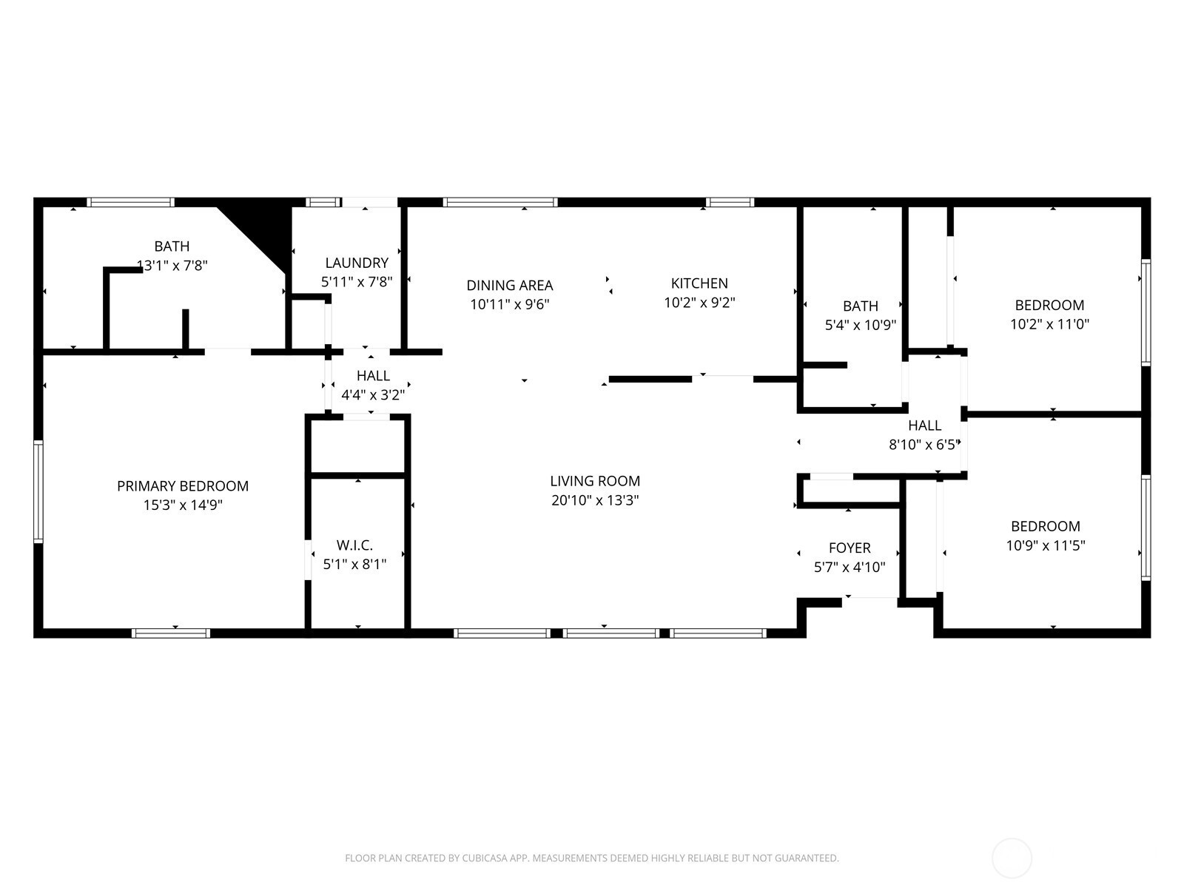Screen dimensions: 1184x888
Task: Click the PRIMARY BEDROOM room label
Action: pyautogui.click(x=183, y=485)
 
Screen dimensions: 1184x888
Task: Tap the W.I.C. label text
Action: pyautogui.click(x=354, y=545)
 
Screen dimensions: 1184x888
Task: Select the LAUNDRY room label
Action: pyautogui.click(x=357, y=263)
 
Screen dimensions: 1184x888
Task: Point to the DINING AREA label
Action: pyautogui.click(x=510, y=285)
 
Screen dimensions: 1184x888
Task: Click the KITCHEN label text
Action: pyautogui.click(x=699, y=283)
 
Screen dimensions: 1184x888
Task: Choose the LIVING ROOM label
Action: pyautogui.click(x=595, y=481)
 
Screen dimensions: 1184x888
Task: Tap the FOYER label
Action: pyautogui.click(x=850, y=548)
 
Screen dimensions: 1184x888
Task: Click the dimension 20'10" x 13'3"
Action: pyautogui.click(x=595, y=500)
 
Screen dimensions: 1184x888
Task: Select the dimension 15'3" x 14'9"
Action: pyautogui.click(x=183, y=505)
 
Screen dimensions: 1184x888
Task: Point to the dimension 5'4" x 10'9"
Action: pyautogui.click(x=861, y=325)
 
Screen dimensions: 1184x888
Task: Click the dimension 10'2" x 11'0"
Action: pyautogui.click(x=1049, y=324)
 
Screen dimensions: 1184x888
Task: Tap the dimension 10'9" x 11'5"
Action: pyautogui.click(x=1046, y=545)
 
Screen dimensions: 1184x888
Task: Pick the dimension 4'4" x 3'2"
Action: pyautogui.click(x=373, y=395)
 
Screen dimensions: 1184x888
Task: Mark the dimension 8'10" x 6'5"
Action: pyautogui.click(x=924, y=445)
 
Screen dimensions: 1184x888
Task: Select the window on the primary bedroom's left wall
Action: pyautogui.click(x=38, y=491)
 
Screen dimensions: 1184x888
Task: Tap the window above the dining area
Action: pyautogui.click(x=500, y=202)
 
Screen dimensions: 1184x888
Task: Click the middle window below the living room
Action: pyautogui.click(x=610, y=633)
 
